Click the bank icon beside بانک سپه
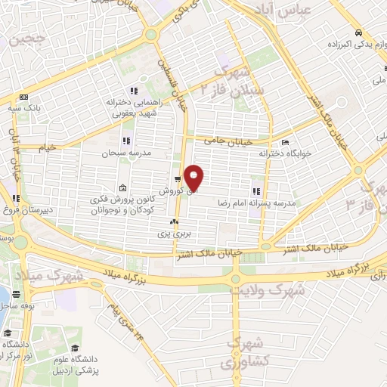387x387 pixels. click(23, 98)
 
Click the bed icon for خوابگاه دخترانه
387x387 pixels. click(285, 142)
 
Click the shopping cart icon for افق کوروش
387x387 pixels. click(178, 180)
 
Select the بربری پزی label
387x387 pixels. click(172, 234)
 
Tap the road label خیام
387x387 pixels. click(49, 148)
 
